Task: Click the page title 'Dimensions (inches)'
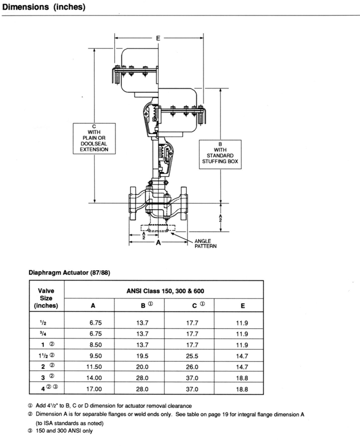44,7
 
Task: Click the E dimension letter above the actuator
158,38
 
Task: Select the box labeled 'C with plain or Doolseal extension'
94,138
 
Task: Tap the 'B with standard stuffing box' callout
220,154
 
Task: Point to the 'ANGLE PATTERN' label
205,244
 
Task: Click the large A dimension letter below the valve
159,242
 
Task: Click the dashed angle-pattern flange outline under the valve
158,229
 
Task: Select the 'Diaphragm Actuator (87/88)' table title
70,273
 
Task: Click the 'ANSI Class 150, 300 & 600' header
165,291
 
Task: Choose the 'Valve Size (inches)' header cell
46,298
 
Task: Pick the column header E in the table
243,306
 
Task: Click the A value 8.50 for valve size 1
95,345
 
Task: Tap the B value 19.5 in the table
142,356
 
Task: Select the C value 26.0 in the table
192,367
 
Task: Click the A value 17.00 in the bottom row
94,389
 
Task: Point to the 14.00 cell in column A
94,378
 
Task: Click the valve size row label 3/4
43,333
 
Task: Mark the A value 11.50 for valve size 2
94,367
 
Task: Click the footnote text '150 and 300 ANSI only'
64,431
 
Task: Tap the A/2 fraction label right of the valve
220,218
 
